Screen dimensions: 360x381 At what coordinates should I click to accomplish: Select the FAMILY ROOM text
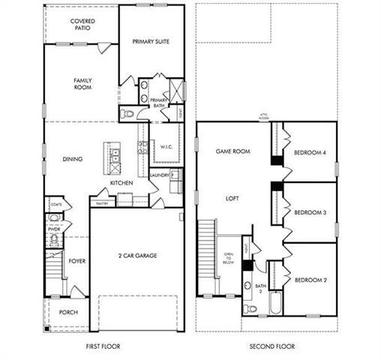pyautogui.click(x=82, y=84)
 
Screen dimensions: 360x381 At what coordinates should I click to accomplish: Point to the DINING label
pyautogui.click(x=73, y=158)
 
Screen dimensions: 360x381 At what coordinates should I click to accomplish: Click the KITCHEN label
pyautogui.click(x=121, y=182)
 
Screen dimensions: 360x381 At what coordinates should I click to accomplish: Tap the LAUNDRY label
pyautogui.click(x=160, y=175)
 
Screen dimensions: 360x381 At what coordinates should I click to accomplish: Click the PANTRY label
pyautogui.click(x=103, y=202)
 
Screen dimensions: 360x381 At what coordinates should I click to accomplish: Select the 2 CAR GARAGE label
pyautogui.click(x=136, y=256)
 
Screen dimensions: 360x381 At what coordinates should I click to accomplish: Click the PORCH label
pyautogui.click(x=69, y=311)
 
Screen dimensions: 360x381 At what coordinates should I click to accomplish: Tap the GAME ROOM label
pyautogui.click(x=232, y=151)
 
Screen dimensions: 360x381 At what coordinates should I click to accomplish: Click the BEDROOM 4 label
pyautogui.click(x=309, y=152)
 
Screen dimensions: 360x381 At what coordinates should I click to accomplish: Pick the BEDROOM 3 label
pyautogui.click(x=309, y=212)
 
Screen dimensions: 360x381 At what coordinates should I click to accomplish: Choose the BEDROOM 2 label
pyautogui.click(x=309, y=280)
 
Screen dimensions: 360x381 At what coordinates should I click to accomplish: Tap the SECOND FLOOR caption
pyautogui.click(x=272, y=346)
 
